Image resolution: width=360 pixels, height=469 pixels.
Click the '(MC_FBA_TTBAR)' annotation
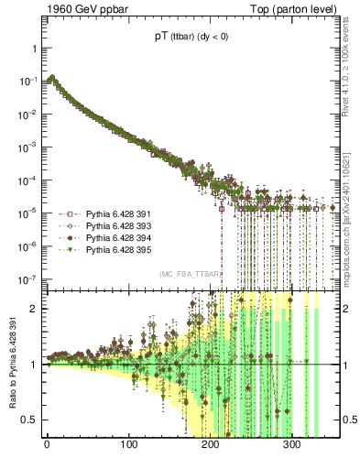(188, 274)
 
